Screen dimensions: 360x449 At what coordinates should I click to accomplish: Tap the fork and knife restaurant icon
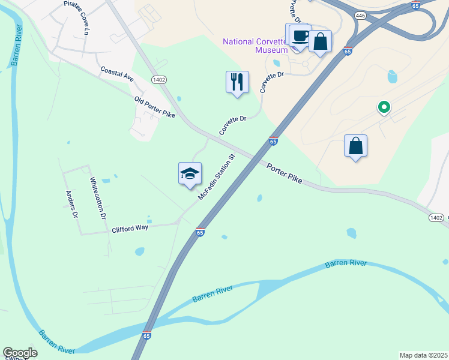click(237, 81)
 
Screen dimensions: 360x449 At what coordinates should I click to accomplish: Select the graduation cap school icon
click(190, 173)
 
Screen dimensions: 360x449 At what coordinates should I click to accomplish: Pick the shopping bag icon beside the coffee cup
click(321, 42)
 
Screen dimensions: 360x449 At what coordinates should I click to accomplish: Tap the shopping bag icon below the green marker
click(355, 146)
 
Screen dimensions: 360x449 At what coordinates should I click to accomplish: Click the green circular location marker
click(384, 107)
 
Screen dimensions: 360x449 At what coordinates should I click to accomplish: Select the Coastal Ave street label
click(117, 73)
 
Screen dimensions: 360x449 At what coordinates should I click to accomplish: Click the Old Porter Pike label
click(154, 106)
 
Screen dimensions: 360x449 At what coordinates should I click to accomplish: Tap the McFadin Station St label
click(217, 177)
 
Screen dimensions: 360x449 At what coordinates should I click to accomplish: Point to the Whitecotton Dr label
click(97, 197)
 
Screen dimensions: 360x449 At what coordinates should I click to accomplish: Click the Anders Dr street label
click(72, 205)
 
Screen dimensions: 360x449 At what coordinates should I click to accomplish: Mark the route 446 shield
click(360, 16)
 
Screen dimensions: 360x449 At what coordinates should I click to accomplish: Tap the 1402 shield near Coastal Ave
click(158, 79)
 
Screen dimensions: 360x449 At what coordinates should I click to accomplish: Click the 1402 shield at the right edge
click(436, 217)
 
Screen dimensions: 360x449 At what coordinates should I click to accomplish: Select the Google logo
click(20, 353)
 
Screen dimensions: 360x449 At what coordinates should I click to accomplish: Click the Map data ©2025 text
click(423, 355)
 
